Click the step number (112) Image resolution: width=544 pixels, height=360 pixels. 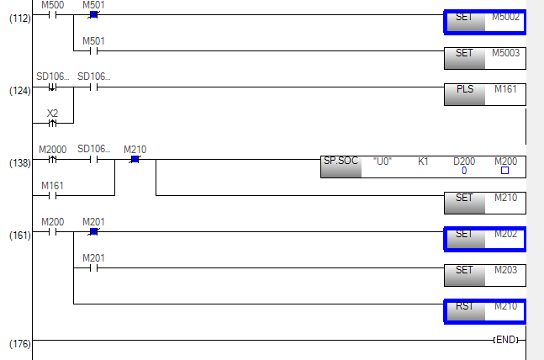click(19, 18)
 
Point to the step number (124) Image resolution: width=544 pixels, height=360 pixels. click(19, 90)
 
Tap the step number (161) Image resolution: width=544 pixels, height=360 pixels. click(19, 235)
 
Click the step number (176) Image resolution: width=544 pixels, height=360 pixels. click(19, 344)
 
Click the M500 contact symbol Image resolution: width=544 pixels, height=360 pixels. click(52, 14)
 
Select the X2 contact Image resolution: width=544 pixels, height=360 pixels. click(52, 122)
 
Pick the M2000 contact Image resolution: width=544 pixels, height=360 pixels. click(52, 158)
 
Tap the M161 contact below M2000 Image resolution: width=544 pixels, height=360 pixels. click(52, 196)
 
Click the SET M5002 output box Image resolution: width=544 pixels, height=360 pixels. click(484, 22)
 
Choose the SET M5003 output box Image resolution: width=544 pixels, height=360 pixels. click(484, 57)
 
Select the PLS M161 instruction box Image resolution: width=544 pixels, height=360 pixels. click(484, 93)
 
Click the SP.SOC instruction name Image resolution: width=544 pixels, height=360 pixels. click(341, 161)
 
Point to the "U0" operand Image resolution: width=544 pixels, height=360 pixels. click(383, 161)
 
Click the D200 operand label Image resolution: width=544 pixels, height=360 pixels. click(464, 160)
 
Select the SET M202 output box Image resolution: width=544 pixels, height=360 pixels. click(484, 239)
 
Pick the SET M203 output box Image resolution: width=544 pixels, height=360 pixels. click(484, 275)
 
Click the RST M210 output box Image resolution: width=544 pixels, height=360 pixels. click(484, 311)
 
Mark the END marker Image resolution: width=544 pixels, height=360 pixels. click(506, 340)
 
